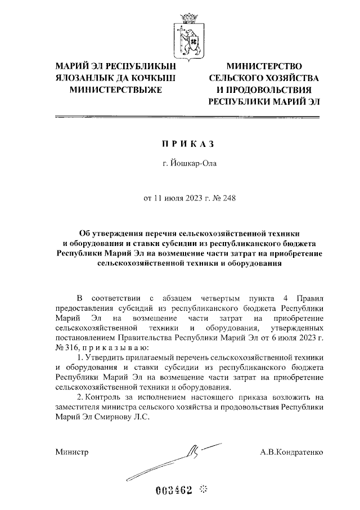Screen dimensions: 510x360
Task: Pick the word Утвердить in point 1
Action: [103, 357]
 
